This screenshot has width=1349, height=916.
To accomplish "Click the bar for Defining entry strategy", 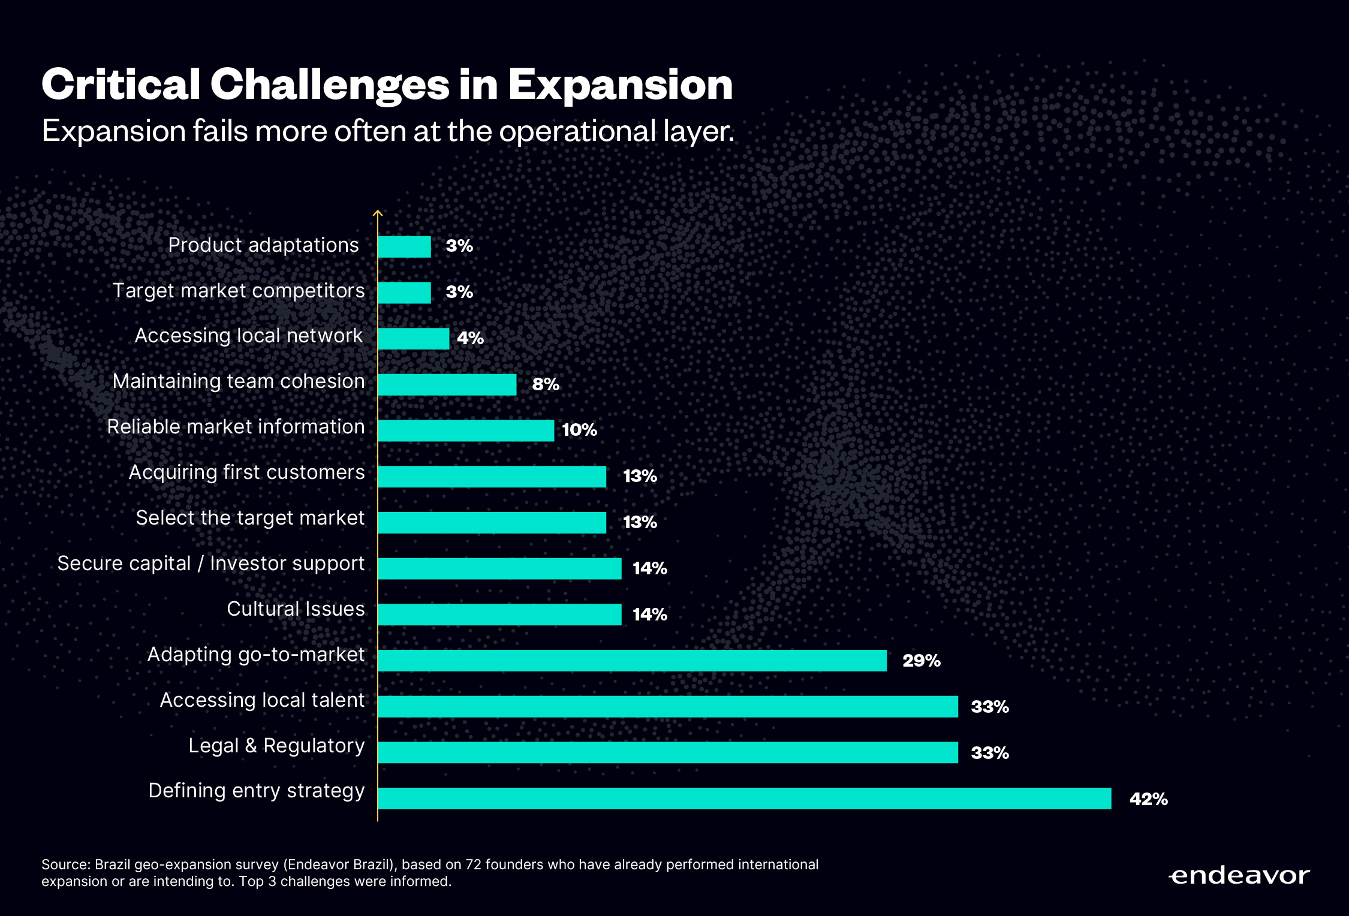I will [x=744, y=799].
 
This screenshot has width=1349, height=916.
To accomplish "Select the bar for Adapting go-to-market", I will [x=632, y=661].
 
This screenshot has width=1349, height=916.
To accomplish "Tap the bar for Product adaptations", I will [x=404, y=246].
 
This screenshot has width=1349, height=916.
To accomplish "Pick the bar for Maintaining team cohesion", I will [x=447, y=385].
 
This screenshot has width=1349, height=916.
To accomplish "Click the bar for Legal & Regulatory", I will [x=668, y=752].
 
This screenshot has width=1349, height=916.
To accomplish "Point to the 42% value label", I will [x=1148, y=799].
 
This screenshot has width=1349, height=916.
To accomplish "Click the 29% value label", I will [x=921, y=661].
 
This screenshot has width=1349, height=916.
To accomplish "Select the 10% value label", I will [x=579, y=430].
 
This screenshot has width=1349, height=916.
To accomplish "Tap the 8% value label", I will [x=546, y=384].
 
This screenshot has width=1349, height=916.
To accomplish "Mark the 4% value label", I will [x=470, y=338].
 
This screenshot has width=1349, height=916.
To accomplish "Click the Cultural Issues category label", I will [x=296, y=609].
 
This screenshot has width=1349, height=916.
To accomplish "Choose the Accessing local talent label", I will [x=262, y=700].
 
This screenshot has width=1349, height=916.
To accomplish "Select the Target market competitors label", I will [x=239, y=291].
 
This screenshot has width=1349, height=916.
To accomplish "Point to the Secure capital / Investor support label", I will [x=211, y=564].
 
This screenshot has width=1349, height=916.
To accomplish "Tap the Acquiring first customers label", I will [x=246, y=472].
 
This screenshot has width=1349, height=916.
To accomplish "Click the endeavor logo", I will [x=1239, y=876].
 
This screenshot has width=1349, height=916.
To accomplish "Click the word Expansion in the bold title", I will [x=621, y=85].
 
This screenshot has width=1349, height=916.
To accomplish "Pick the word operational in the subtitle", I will [x=577, y=131].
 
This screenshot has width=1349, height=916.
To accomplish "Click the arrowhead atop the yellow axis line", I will [x=378, y=212].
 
